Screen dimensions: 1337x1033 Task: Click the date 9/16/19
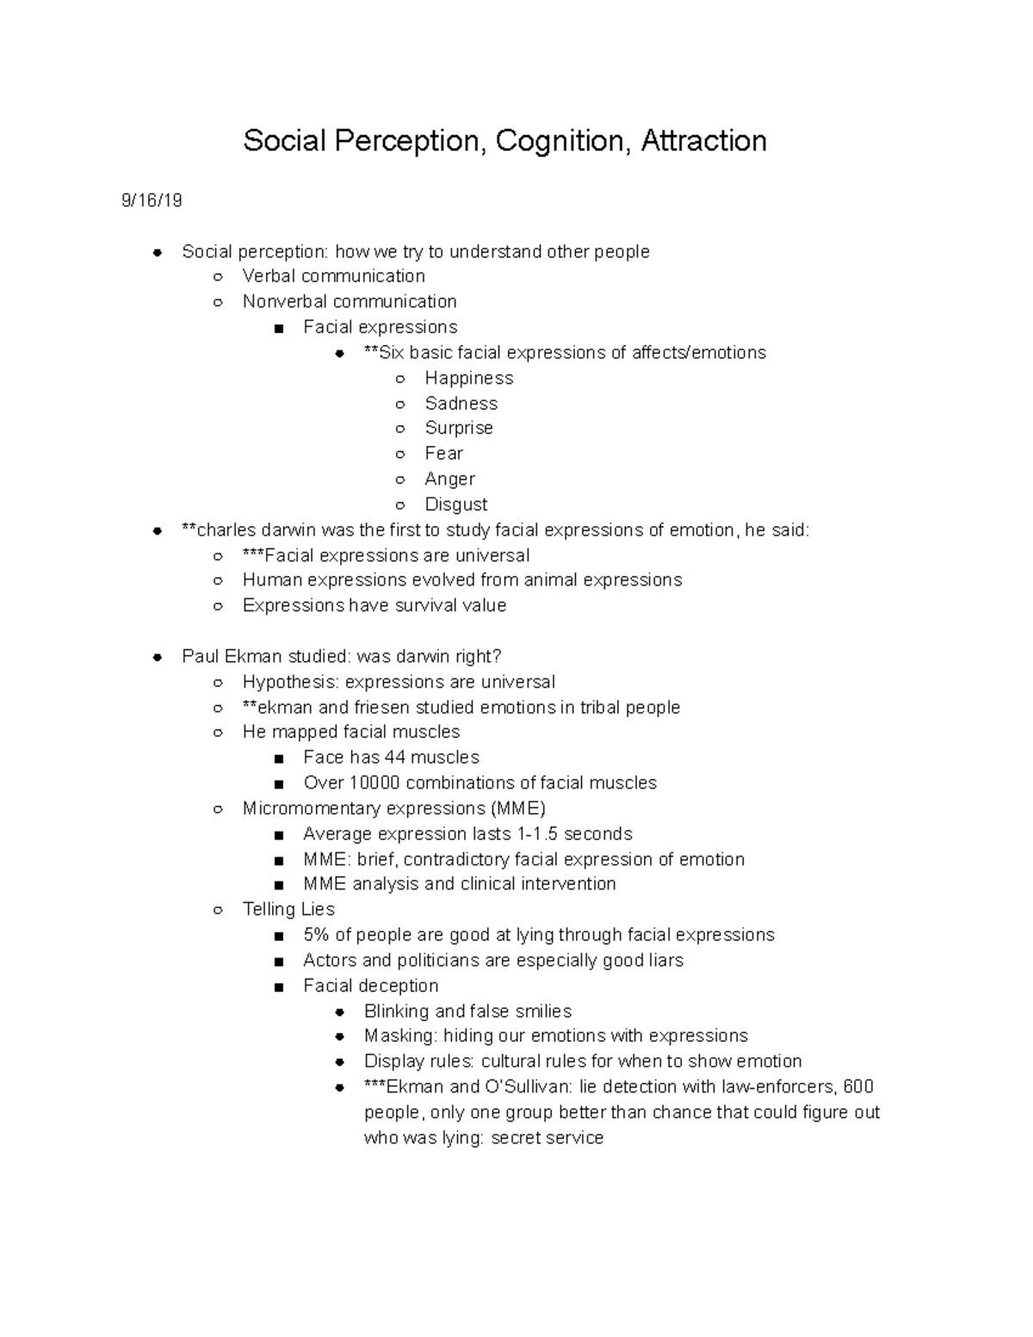(x=152, y=201)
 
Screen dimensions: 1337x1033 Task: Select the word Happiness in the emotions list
(x=468, y=378)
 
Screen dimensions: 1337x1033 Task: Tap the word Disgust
(x=455, y=504)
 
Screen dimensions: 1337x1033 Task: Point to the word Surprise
(x=459, y=428)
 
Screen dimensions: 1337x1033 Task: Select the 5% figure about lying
(x=316, y=935)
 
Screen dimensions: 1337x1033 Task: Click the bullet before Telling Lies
(x=219, y=910)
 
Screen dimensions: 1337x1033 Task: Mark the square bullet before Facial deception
(x=278, y=987)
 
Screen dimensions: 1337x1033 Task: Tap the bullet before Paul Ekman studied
(x=158, y=657)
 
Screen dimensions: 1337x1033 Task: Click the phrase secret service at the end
(x=547, y=1138)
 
